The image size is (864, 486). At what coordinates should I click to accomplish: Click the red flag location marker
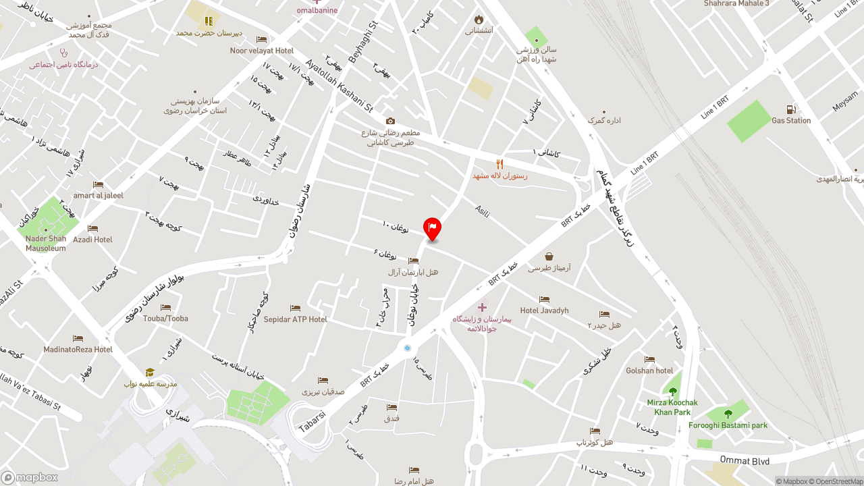click(432, 229)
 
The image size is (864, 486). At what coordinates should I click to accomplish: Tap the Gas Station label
click(791, 121)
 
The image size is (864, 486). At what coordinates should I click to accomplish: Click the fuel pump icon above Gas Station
click(791, 109)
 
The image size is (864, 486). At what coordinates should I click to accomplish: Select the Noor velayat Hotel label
click(261, 51)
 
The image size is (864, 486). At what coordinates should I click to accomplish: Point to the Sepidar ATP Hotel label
click(295, 319)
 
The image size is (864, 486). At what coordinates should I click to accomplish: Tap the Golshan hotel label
click(649, 371)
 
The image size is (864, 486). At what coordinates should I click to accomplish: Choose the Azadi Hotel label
click(92, 240)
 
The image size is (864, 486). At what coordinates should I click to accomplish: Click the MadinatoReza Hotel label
click(78, 350)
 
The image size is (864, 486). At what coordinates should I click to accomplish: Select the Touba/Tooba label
click(165, 319)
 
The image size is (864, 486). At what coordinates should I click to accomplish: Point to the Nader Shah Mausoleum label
click(46, 244)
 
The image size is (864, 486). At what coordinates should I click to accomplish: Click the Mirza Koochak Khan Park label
click(672, 407)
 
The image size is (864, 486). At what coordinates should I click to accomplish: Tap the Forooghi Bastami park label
click(728, 425)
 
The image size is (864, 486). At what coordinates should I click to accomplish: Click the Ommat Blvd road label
click(745, 461)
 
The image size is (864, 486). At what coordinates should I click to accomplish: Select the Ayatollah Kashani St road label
click(339, 86)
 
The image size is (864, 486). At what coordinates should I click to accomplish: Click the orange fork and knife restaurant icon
click(500, 164)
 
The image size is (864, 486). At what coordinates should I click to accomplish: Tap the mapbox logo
click(30, 477)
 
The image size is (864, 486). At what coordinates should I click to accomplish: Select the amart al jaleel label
click(99, 196)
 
